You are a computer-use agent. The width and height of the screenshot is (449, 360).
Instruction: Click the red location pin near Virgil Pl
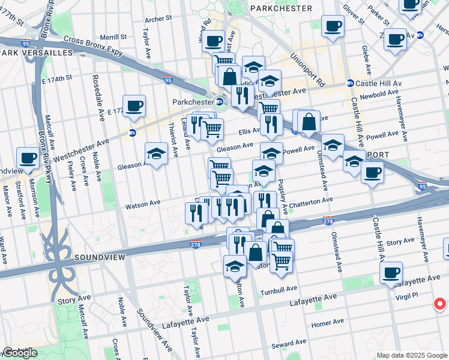(x=440, y=303)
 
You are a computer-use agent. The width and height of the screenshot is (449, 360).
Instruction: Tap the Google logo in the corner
(x=20, y=353)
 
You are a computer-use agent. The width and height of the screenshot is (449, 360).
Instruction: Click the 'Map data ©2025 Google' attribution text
(x=412, y=355)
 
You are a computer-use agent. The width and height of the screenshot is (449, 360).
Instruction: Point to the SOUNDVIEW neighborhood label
(x=100, y=257)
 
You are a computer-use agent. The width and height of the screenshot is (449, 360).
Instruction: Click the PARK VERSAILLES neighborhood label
(x=36, y=53)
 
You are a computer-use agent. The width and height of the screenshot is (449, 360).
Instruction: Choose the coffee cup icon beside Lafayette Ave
(x=391, y=273)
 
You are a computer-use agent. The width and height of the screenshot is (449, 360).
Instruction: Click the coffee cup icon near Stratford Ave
(x=28, y=158)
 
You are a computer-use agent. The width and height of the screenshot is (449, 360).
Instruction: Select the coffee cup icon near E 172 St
(x=134, y=106)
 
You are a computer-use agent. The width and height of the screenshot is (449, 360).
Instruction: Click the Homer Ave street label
(x=327, y=323)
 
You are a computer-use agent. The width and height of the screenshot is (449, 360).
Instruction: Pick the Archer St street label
(x=158, y=19)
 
